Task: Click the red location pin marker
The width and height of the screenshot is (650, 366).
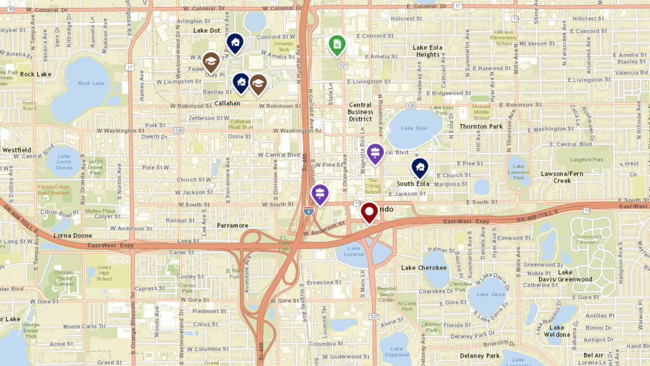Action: (x=369, y=211)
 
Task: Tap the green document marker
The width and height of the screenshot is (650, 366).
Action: (x=337, y=45)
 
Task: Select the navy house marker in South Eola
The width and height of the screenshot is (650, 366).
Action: (x=419, y=168)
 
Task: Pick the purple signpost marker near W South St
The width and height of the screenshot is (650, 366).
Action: (x=320, y=194)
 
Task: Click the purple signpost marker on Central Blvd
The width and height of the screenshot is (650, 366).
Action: (x=375, y=153)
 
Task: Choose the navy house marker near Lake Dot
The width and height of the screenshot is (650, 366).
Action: (x=235, y=43)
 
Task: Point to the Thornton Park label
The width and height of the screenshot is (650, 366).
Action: (x=481, y=126)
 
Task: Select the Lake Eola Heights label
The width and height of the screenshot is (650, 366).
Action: (x=428, y=51)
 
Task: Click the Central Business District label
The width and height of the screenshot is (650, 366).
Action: (x=360, y=112)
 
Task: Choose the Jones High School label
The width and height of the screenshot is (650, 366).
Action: (x=104, y=273)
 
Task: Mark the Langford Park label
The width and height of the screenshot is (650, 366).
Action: (x=587, y=160)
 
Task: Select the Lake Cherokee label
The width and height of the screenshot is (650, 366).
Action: (x=424, y=268)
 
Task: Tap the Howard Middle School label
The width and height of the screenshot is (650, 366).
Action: (x=482, y=112)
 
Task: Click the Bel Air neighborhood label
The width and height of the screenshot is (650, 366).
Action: (x=593, y=355)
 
